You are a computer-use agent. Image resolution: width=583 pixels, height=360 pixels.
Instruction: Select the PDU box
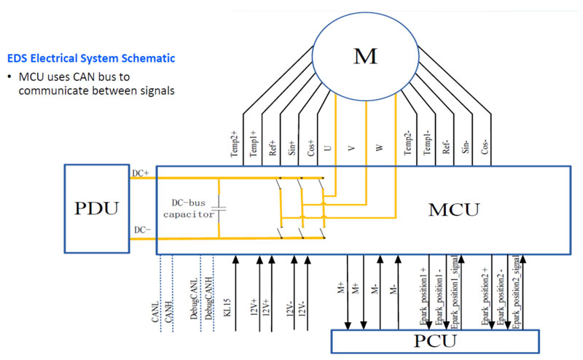pyautogui.click(x=106, y=208)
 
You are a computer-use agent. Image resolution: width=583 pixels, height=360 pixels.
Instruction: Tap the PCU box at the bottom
pyautogui.click(x=434, y=342)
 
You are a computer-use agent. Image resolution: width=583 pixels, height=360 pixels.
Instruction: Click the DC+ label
pyautogui.click(x=141, y=173)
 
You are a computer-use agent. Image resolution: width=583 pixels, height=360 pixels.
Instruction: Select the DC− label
pyautogui.click(x=141, y=230)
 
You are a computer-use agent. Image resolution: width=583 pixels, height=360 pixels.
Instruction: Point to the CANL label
pyautogui.click(x=155, y=305)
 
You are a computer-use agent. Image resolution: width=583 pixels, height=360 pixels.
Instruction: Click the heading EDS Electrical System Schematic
pyautogui.click(x=90, y=57)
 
